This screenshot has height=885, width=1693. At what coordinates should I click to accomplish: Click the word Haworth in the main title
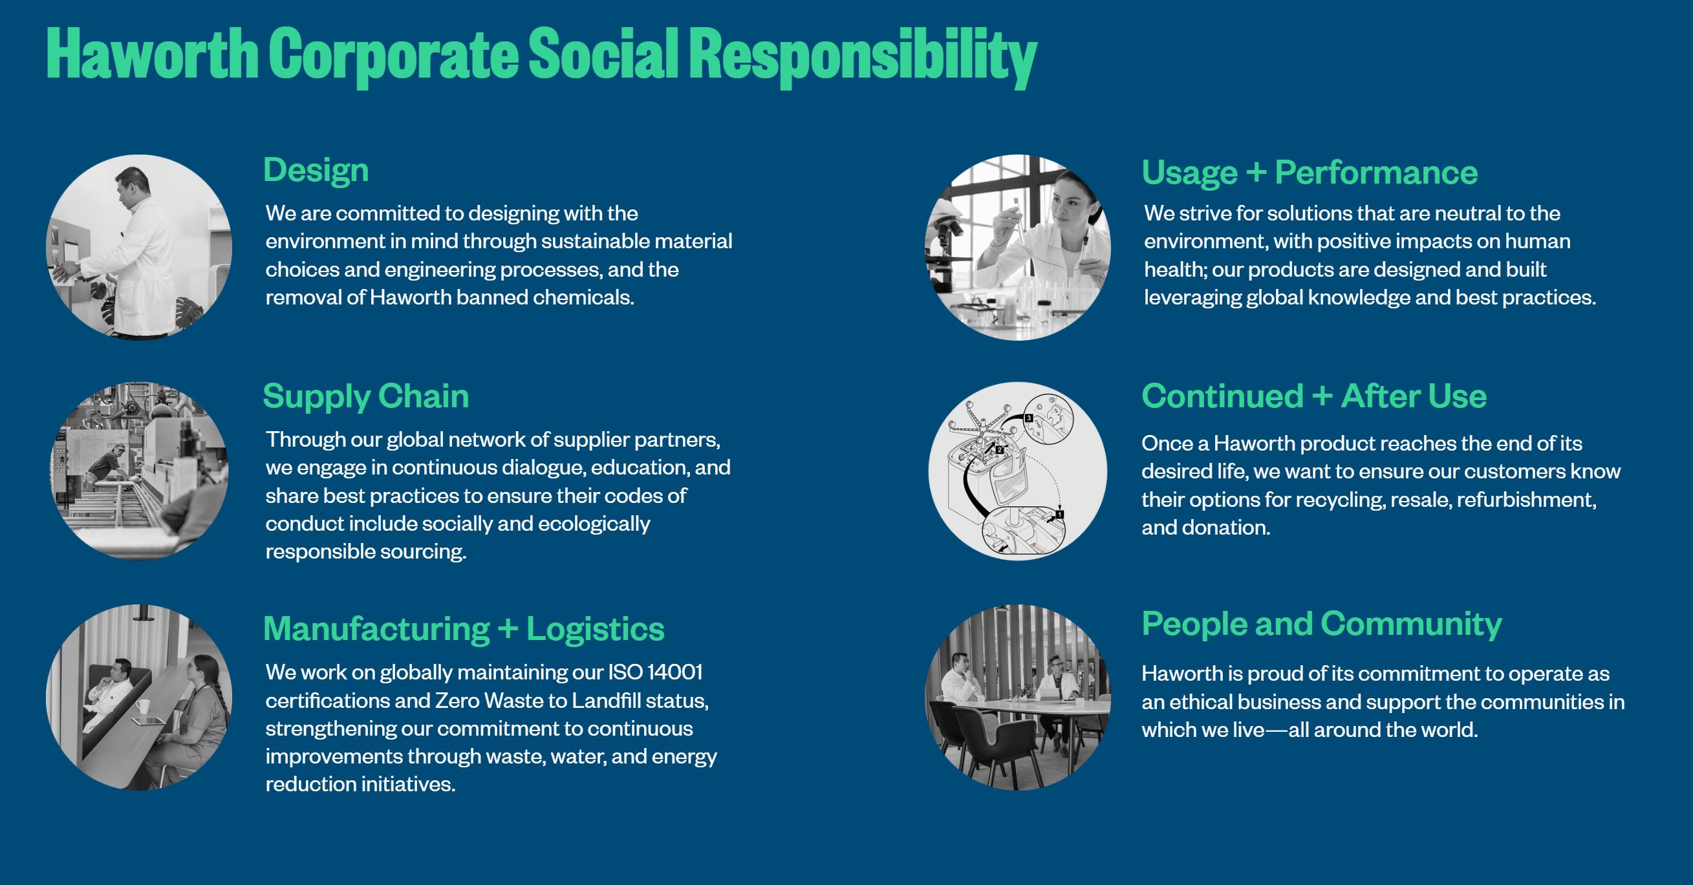point(152,54)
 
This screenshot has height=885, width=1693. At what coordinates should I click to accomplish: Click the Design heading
point(316,171)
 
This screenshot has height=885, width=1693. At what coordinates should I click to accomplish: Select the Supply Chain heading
point(365,397)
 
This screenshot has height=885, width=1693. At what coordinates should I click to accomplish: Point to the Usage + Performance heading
point(1309,173)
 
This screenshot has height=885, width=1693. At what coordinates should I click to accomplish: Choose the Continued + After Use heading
point(1314,396)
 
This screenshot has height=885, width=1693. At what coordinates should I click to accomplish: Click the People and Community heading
point(1322,624)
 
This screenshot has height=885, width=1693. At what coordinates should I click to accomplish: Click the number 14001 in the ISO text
point(675,672)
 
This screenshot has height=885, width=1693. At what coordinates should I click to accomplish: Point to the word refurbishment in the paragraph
point(1526,500)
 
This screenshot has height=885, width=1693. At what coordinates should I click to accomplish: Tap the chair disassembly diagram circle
point(1017,471)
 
